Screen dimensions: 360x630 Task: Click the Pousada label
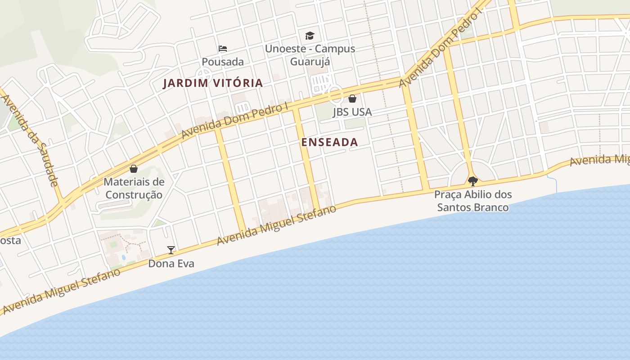click(x=222, y=62)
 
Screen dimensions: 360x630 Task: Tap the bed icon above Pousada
click(x=222, y=48)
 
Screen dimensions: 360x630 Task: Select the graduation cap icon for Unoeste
click(x=310, y=36)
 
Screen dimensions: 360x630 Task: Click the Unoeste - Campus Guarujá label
click(x=310, y=55)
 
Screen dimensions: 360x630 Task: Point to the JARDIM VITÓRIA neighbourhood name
click(x=213, y=83)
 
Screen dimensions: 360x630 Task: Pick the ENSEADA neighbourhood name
click(x=330, y=142)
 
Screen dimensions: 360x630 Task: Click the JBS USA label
click(x=352, y=112)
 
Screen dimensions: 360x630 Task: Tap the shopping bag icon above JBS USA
click(x=352, y=98)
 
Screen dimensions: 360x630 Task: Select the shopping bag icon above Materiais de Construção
click(x=133, y=169)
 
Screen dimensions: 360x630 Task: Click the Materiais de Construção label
click(x=134, y=189)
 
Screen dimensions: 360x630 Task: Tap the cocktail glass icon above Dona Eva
click(x=171, y=250)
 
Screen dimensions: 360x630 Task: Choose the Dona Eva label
click(x=171, y=263)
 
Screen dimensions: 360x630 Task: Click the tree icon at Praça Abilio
click(x=472, y=181)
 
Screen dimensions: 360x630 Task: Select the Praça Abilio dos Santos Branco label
click(x=473, y=201)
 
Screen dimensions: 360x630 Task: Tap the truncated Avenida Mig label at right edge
click(x=599, y=160)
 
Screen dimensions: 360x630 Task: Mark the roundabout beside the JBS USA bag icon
click(x=335, y=94)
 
